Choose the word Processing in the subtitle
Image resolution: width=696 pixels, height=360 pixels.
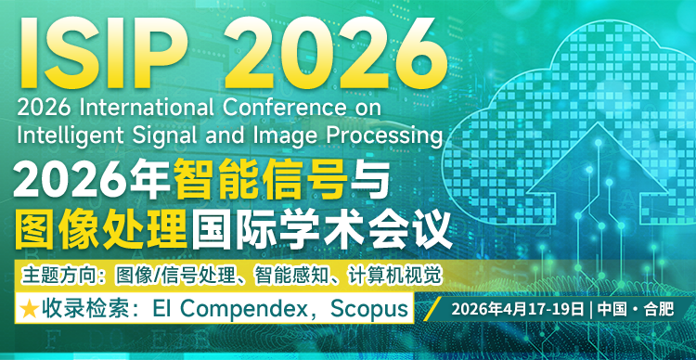[x=381, y=134]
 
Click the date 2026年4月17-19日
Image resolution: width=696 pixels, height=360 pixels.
[x=517, y=308]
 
